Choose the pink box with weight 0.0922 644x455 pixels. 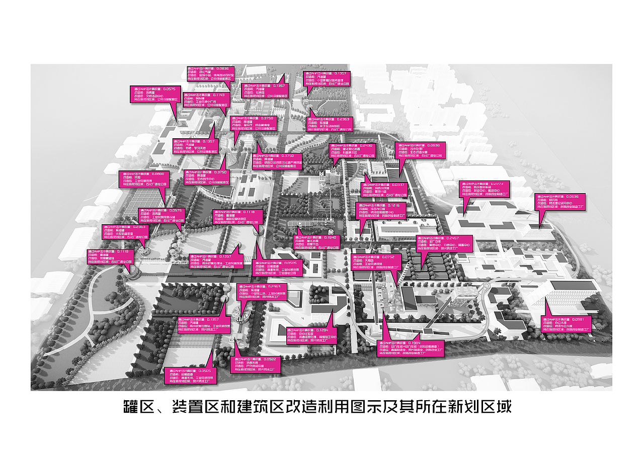256,366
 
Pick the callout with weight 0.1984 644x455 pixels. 411,348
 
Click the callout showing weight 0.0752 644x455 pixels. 378,262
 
